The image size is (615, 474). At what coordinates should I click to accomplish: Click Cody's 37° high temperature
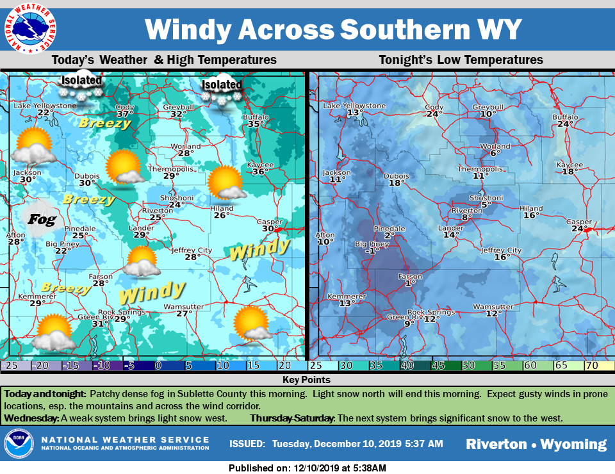click(124, 113)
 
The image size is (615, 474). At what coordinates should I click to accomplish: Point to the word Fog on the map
click(42, 220)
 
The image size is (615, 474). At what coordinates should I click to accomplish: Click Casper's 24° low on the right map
click(580, 229)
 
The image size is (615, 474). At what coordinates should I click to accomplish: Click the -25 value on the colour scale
click(9, 366)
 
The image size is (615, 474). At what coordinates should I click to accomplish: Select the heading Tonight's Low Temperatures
click(461, 60)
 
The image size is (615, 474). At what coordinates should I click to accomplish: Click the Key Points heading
click(307, 380)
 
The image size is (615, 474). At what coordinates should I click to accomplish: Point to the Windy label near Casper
click(259, 249)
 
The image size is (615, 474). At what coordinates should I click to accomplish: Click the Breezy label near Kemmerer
click(65, 288)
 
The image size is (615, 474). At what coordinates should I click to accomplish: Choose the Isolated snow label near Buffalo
click(222, 85)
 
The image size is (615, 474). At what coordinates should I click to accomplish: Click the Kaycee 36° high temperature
click(258, 172)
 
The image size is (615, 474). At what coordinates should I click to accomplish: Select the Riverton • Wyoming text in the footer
click(536, 445)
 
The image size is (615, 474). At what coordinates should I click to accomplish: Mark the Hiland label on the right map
click(530, 208)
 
